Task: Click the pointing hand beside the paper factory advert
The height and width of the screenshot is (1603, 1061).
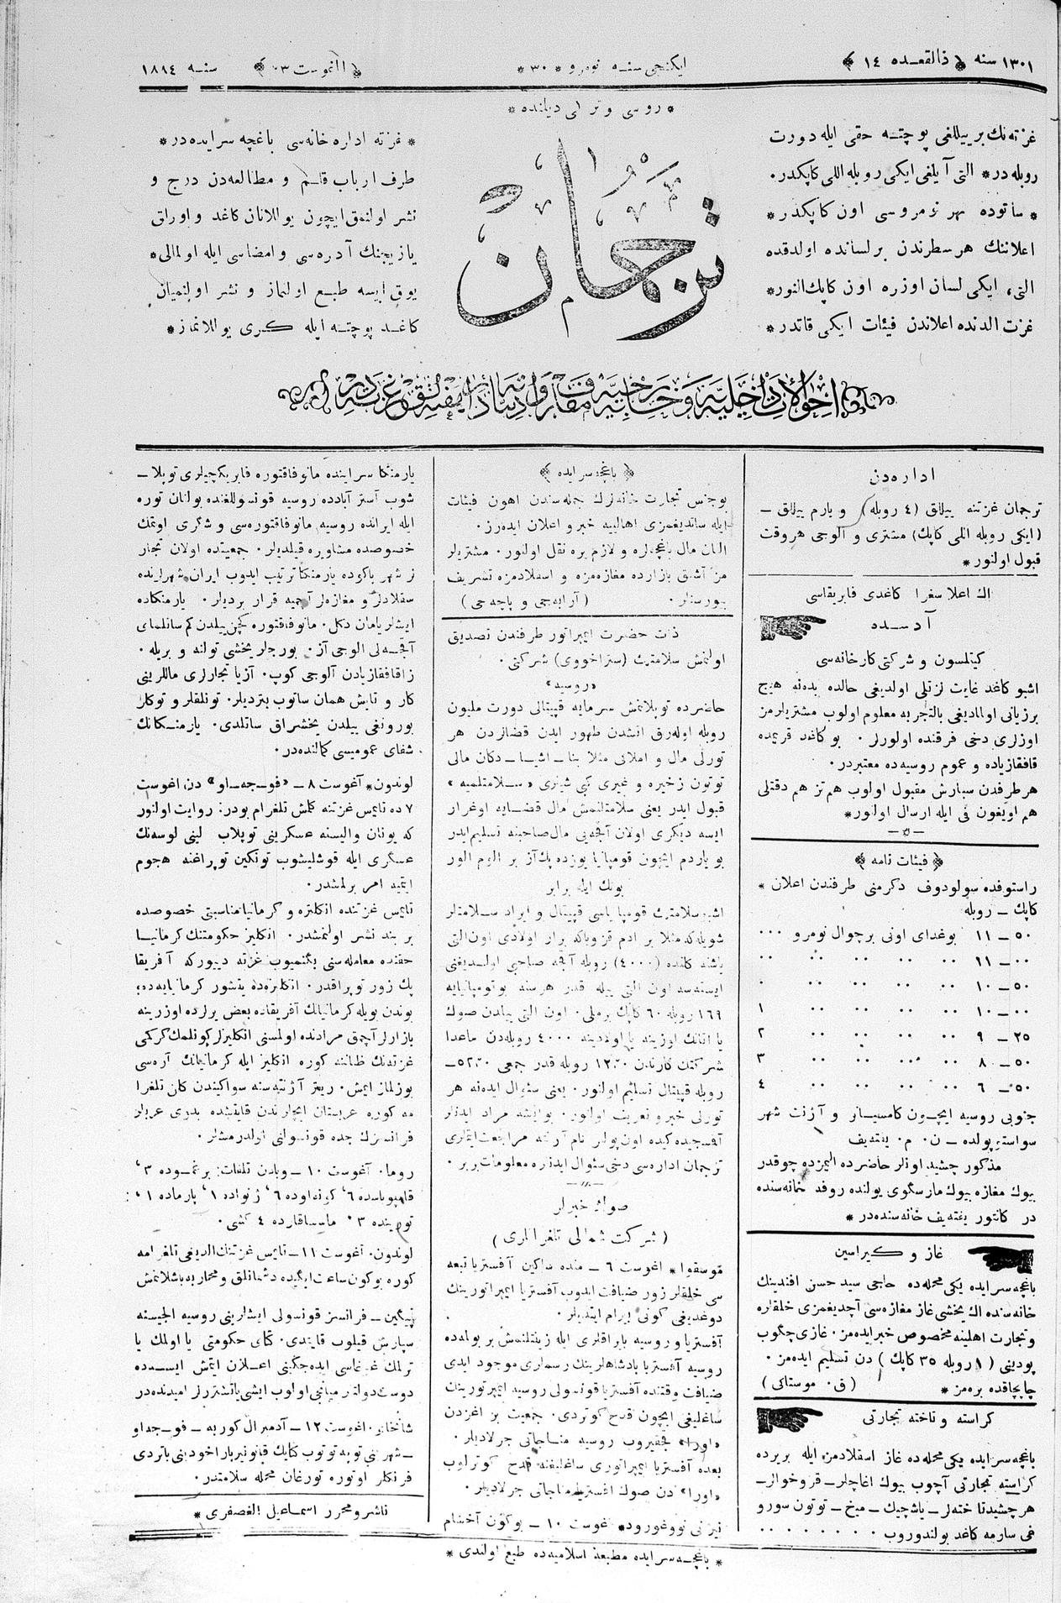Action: (x=786, y=624)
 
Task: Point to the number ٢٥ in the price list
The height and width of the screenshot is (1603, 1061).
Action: (x=1020, y=1031)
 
